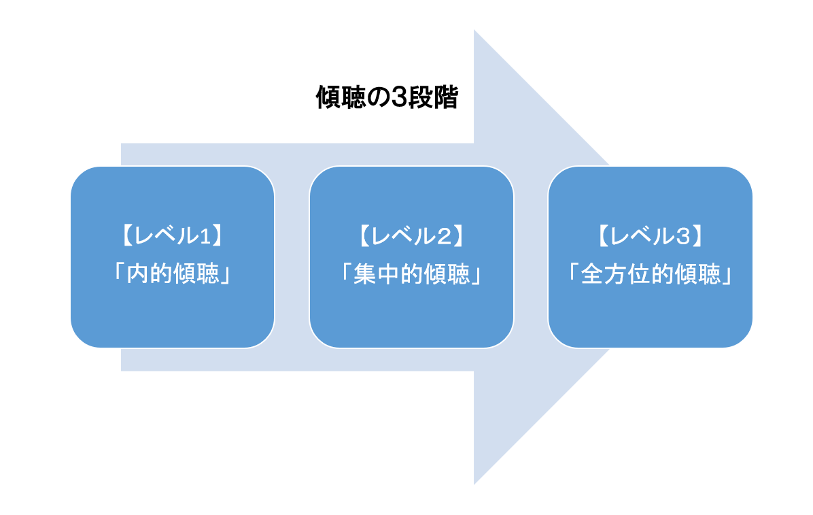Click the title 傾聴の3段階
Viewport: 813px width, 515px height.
click(x=387, y=97)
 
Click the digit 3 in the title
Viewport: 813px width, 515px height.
click(x=398, y=97)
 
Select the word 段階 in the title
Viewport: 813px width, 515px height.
click(x=433, y=97)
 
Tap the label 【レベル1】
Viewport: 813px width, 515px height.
click(x=173, y=235)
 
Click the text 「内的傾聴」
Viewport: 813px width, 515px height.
click(x=173, y=273)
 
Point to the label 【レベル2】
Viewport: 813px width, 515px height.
click(x=412, y=235)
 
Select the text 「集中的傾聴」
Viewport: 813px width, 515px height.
click(x=412, y=273)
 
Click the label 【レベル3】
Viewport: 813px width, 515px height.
click(x=650, y=235)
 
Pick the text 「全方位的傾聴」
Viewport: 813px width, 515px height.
click(x=650, y=273)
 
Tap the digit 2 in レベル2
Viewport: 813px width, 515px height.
click(x=445, y=236)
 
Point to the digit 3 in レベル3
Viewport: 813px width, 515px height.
click(x=683, y=236)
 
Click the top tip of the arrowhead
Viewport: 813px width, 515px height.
click(x=474, y=29)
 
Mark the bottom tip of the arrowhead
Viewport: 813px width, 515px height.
click(x=474, y=484)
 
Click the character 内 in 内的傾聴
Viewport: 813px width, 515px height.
click(x=137, y=273)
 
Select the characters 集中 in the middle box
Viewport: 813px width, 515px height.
click(x=376, y=273)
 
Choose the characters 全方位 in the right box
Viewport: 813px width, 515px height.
click(x=615, y=273)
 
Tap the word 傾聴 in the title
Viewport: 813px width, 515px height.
click(x=341, y=97)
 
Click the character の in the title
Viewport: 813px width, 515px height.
click(x=379, y=97)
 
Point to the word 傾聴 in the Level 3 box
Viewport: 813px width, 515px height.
click(x=697, y=273)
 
